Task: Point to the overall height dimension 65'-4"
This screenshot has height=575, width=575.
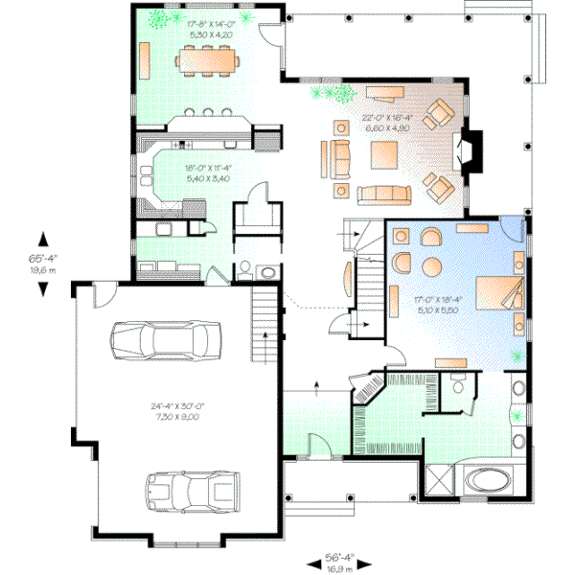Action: point(41,262)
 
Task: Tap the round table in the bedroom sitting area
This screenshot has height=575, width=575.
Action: point(432,265)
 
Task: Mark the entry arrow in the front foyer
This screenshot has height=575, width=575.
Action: point(315,385)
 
